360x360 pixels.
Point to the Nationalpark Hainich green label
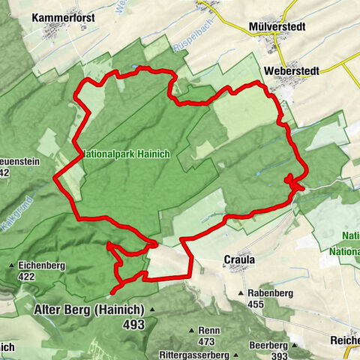pos(127,153)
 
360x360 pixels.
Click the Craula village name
pos(239,260)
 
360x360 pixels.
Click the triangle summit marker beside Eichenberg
pos(10,265)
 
